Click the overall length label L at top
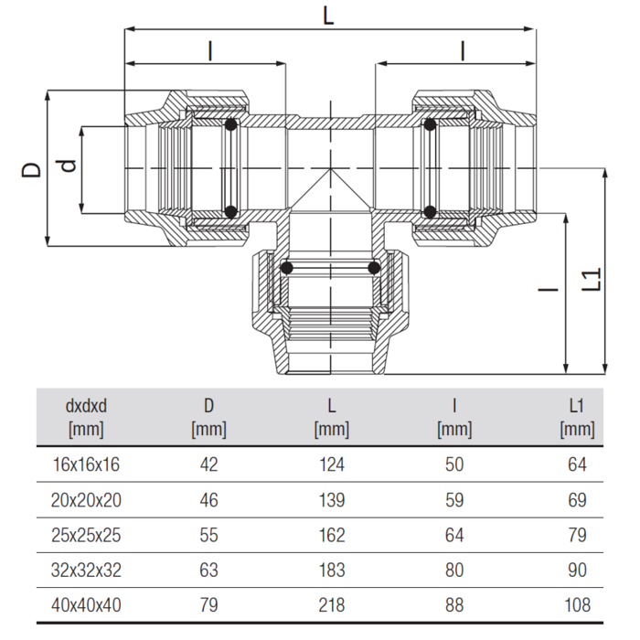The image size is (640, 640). point(328,16)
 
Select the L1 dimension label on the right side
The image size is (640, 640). point(592,280)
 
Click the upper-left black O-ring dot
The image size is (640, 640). point(231,124)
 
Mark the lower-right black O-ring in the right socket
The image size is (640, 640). point(430,212)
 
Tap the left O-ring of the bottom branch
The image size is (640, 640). point(287,268)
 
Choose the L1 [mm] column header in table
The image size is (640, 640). point(577,418)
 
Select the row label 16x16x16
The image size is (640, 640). point(86,464)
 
